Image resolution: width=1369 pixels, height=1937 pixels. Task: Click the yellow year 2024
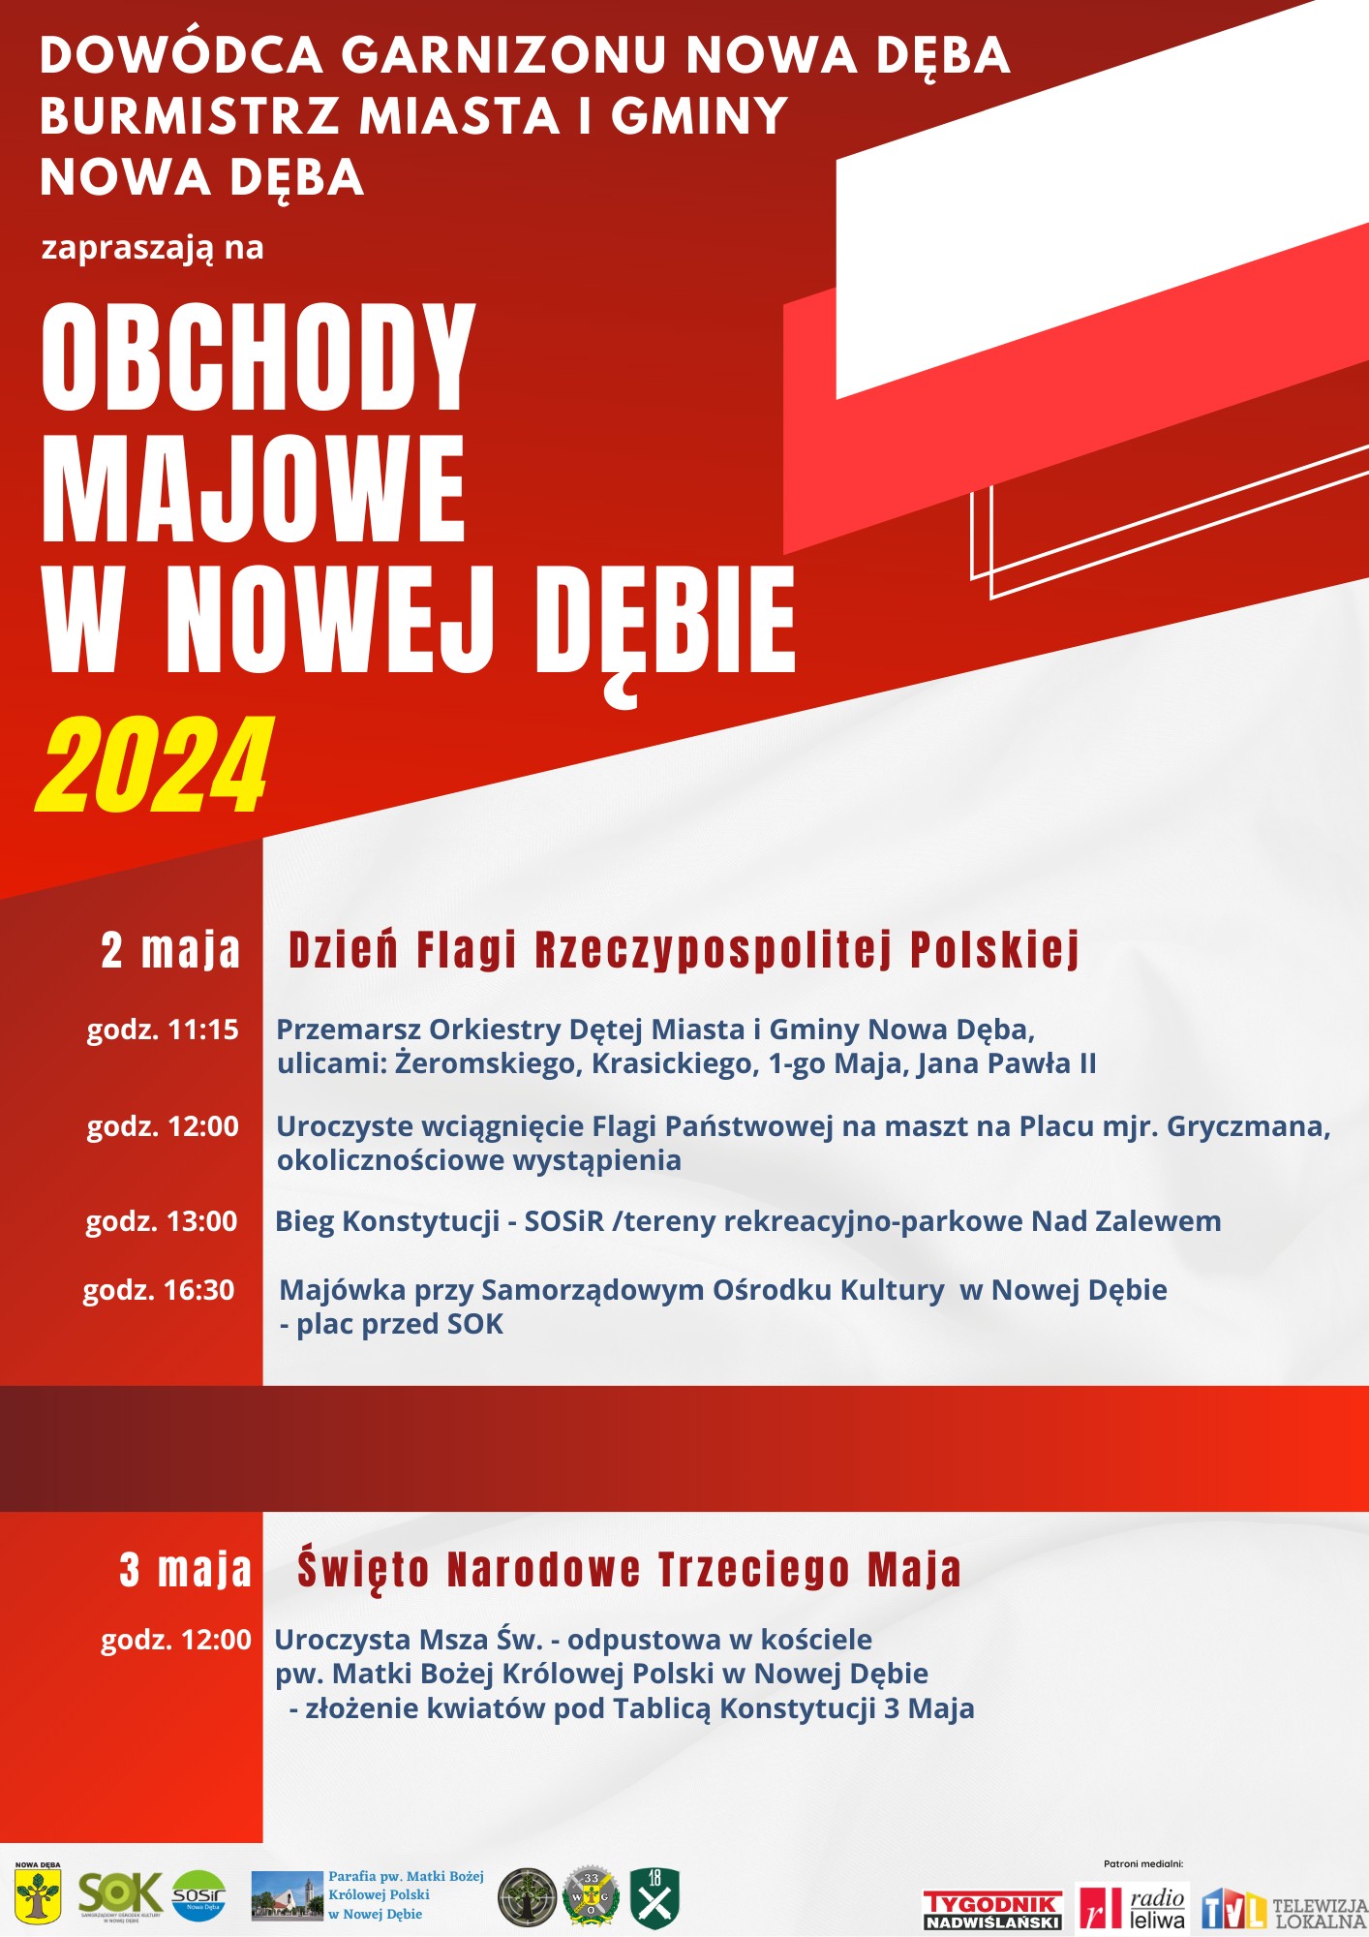(155, 765)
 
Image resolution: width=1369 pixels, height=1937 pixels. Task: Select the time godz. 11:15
(163, 1030)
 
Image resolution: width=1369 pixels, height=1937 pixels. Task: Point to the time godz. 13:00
(162, 1221)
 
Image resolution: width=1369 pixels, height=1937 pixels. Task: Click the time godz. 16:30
(159, 1290)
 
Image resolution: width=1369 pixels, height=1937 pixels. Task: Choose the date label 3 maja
(185, 1570)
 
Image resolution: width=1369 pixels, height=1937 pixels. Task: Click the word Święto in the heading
(362, 1570)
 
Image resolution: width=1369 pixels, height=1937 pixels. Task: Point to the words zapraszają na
(152, 248)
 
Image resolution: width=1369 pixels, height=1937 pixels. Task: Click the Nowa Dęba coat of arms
(38, 1893)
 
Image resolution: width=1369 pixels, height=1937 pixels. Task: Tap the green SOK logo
(120, 1894)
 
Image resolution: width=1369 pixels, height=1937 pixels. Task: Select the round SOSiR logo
(198, 1895)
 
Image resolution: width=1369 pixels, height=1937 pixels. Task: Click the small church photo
(287, 1895)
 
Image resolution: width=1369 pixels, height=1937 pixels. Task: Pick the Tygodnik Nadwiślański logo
(992, 1909)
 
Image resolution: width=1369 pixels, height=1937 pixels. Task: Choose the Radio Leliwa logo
(1133, 1907)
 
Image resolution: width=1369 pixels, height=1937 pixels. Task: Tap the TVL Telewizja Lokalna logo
(1284, 1909)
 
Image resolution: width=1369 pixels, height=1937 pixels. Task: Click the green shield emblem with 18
(654, 1897)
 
